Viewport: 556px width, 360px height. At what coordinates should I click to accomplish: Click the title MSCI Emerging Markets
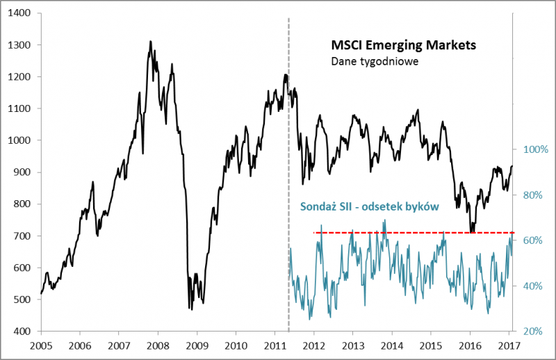[403, 46]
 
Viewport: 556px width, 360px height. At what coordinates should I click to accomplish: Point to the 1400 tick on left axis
[22, 13]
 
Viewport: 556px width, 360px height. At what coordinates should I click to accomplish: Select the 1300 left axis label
[22, 45]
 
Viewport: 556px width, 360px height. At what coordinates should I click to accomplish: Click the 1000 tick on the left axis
[22, 140]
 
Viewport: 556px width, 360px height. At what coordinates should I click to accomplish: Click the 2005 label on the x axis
[41, 345]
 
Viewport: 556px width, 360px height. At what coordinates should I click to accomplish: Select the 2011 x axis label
[275, 345]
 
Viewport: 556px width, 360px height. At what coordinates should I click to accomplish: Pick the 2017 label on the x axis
[509, 345]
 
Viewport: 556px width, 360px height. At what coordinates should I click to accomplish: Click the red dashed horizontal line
[417, 232]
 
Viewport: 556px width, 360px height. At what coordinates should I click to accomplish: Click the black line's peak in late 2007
[150, 42]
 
